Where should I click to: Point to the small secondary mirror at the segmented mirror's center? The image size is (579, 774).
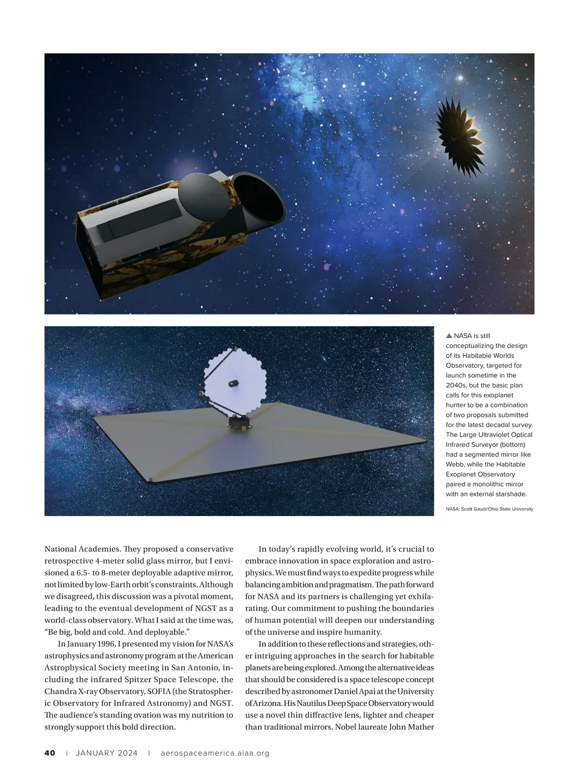(x=234, y=384)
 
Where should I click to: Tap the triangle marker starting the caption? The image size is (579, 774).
(x=449, y=336)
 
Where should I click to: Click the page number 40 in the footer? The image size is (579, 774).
(x=50, y=753)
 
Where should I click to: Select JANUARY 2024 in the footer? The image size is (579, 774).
(x=107, y=753)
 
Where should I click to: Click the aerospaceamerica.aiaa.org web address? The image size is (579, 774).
(x=215, y=753)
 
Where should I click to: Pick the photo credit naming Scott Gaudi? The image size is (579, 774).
(x=489, y=509)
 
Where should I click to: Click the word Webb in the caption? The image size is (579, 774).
(x=455, y=464)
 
